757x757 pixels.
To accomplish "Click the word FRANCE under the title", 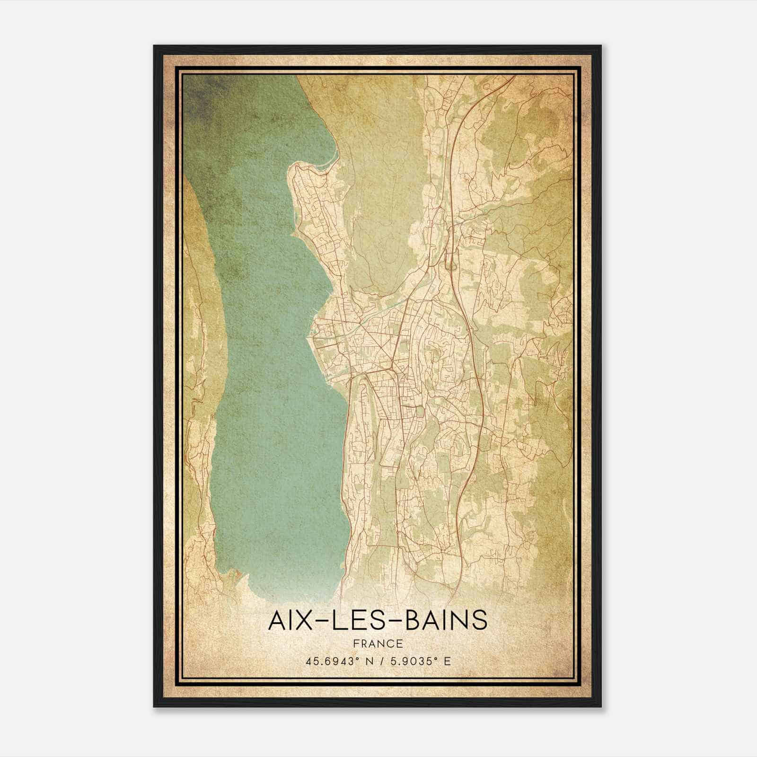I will (378, 644).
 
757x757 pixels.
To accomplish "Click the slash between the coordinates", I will (382, 661).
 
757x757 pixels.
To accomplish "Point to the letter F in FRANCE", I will (356, 644).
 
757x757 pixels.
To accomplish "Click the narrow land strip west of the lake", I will (199, 378).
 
